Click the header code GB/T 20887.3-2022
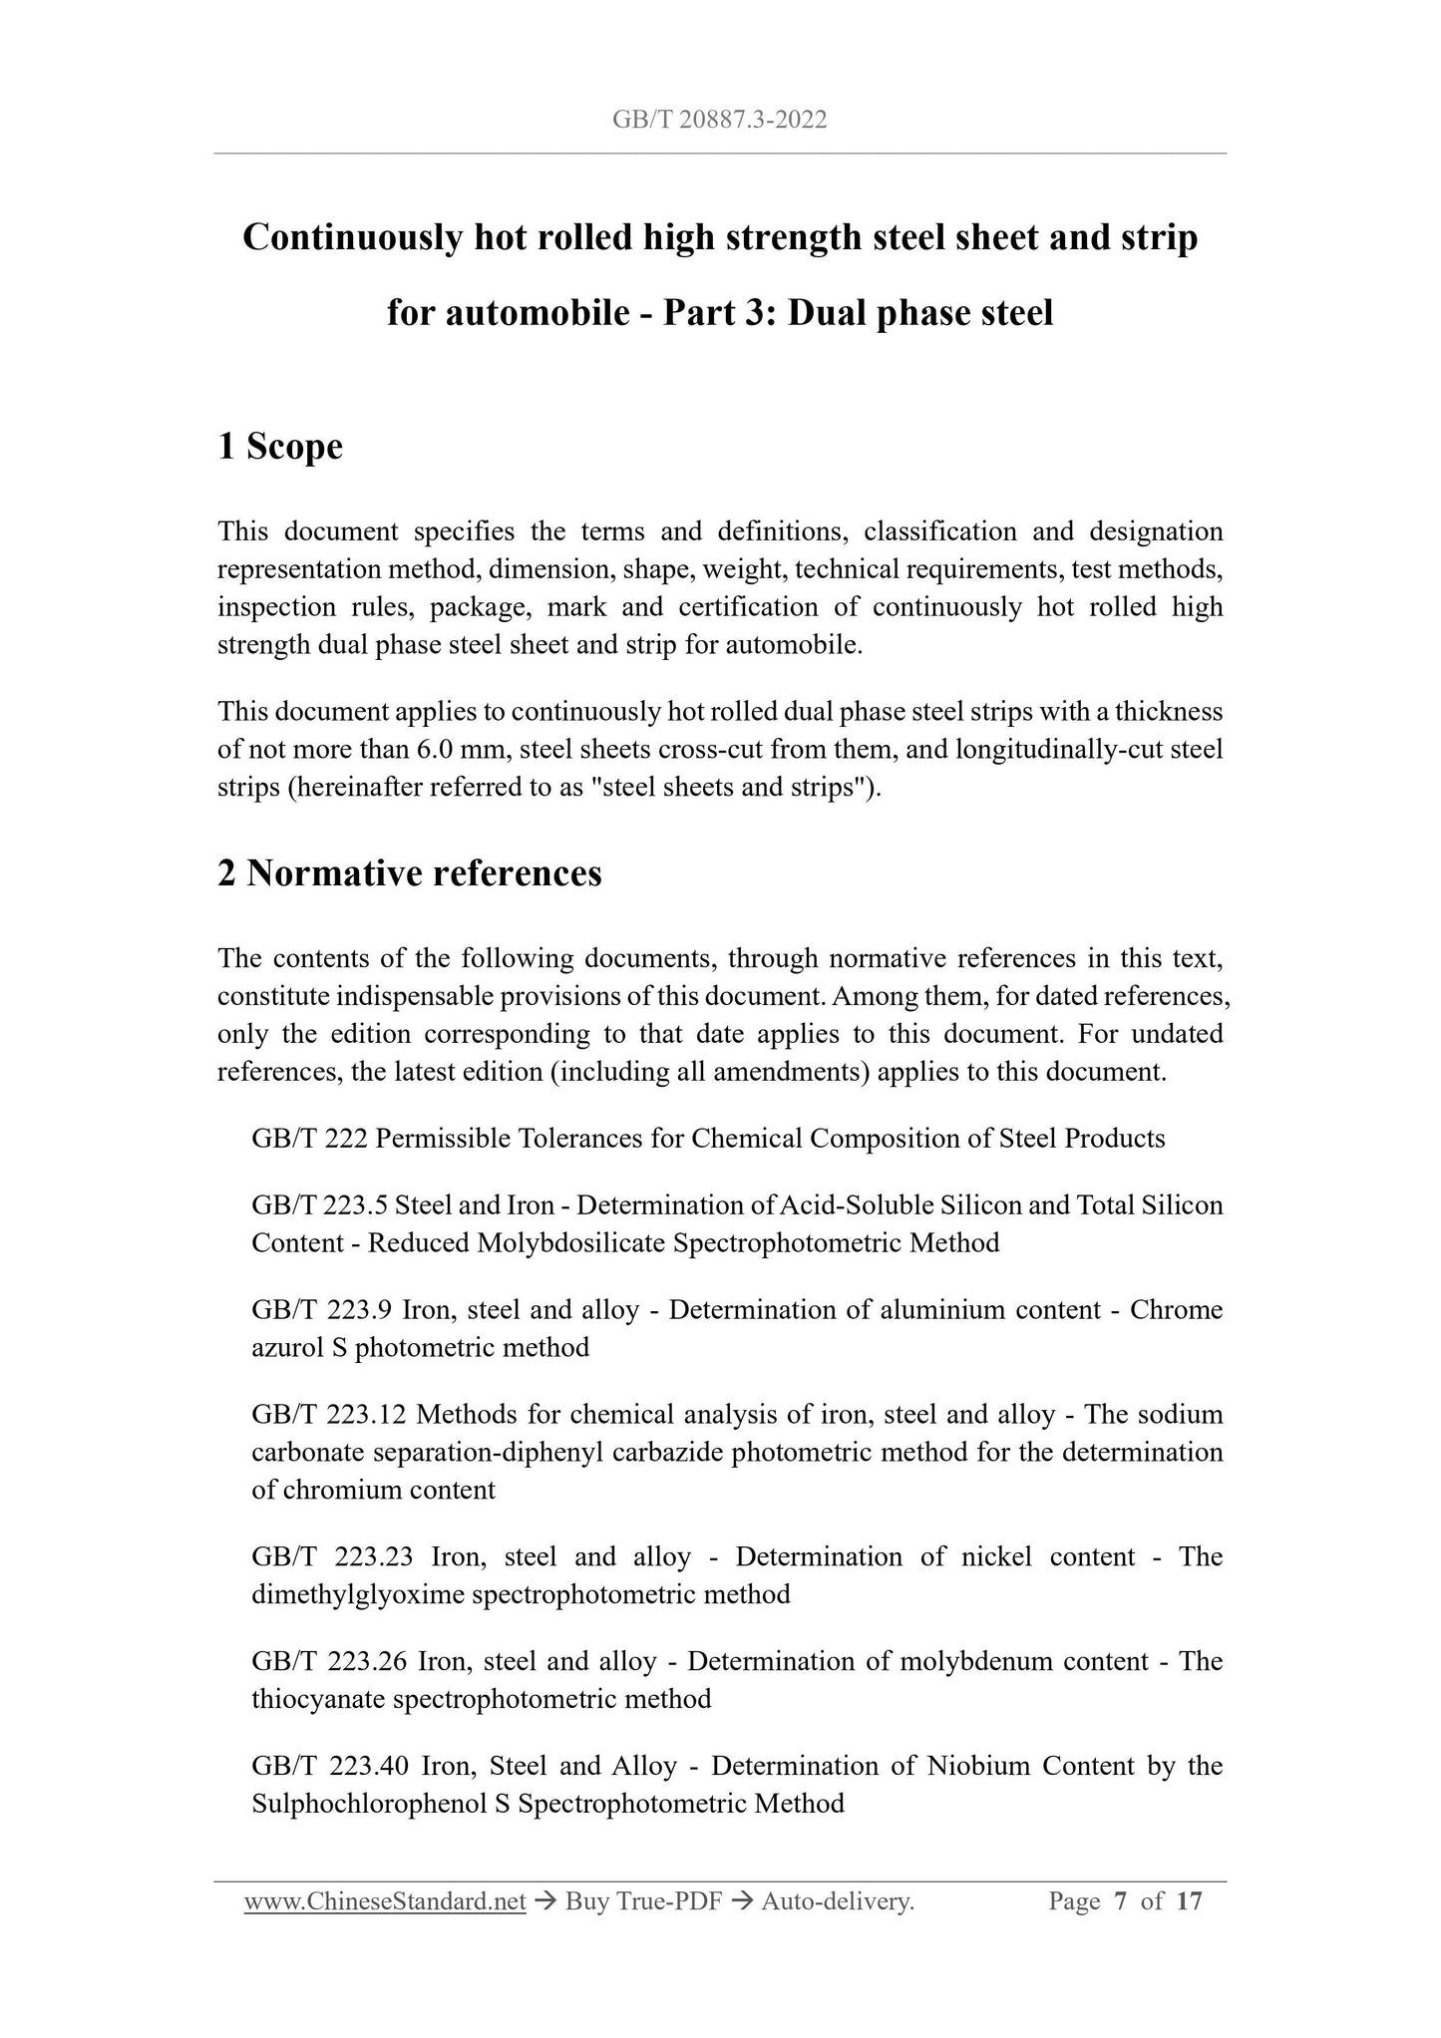(719, 121)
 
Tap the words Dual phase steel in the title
(920, 314)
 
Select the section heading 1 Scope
(280, 447)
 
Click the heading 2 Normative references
(409, 873)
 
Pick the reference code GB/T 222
(309, 1139)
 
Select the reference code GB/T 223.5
(319, 1205)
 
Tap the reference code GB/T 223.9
(319, 1310)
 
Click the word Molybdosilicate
(571, 1243)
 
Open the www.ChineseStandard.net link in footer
(385, 1902)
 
